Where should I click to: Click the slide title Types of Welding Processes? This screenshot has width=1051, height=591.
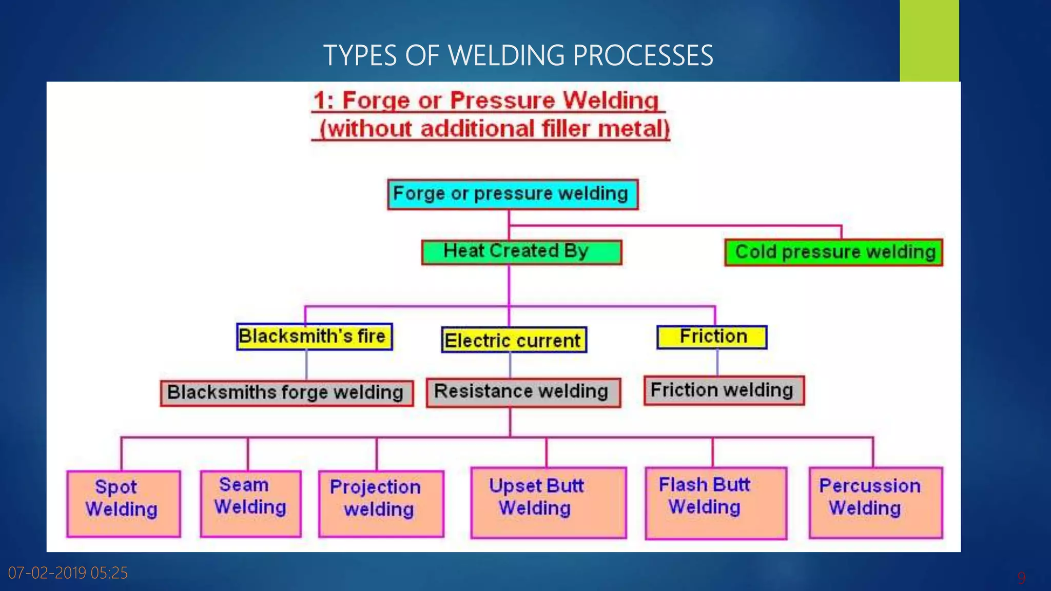(x=518, y=55)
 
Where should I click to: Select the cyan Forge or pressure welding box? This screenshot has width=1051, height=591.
(x=512, y=194)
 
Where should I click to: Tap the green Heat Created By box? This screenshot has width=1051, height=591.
(x=521, y=252)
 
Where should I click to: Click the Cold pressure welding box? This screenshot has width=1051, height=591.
(x=833, y=252)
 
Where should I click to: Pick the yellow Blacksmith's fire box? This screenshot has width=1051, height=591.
(x=314, y=337)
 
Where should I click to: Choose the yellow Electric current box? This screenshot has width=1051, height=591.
(x=514, y=340)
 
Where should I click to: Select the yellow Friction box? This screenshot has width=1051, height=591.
(x=712, y=337)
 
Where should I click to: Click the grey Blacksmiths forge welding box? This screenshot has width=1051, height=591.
(x=286, y=393)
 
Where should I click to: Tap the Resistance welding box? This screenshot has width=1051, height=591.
(x=523, y=392)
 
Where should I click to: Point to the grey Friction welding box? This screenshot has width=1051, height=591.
(x=724, y=390)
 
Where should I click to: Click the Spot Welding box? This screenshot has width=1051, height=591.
(x=123, y=504)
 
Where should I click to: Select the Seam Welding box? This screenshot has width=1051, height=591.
(x=250, y=503)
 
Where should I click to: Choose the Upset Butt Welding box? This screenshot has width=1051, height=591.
(x=548, y=502)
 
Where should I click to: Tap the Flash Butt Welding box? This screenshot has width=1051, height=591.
(x=715, y=503)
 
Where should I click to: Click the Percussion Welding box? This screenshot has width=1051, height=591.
(x=875, y=502)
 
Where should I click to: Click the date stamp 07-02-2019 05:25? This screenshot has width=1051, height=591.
(x=68, y=573)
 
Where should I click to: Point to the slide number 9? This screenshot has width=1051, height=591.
(x=1021, y=578)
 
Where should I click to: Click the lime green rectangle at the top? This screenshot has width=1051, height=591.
(x=929, y=41)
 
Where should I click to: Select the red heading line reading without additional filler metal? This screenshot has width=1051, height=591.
(x=494, y=128)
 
